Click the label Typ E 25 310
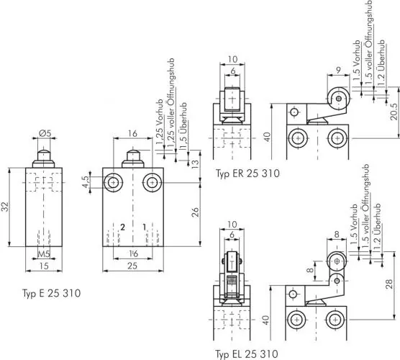click(51, 293)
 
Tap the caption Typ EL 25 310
click(246, 354)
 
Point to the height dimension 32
click(6, 207)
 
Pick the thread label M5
click(44, 253)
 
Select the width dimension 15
click(44, 266)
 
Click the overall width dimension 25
click(132, 266)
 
